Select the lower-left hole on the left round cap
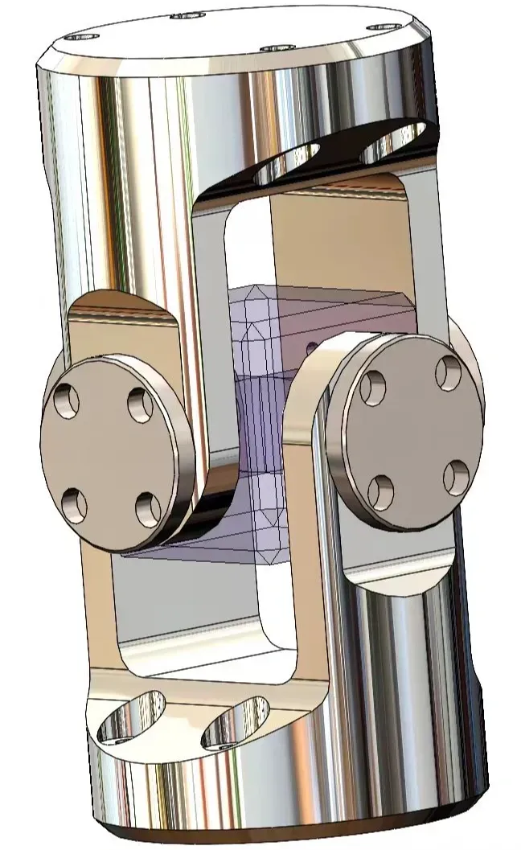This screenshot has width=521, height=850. pyautogui.click(x=76, y=505)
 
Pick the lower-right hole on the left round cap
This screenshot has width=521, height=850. pyautogui.click(x=148, y=508)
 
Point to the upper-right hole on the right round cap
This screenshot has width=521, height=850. pyautogui.click(x=447, y=371)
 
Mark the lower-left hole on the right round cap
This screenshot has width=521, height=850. pyautogui.click(x=381, y=491)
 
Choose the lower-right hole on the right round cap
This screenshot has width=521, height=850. pyautogui.click(x=455, y=477)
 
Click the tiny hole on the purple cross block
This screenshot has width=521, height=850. pyautogui.click(x=312, y=347)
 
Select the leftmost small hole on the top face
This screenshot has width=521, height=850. pyautogui.click(x=83, y=36)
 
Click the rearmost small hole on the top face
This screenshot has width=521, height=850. pyautogui.click(x=188, y=14)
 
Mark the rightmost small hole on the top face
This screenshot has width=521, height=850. pyautogui.click(x=384, y=27)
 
